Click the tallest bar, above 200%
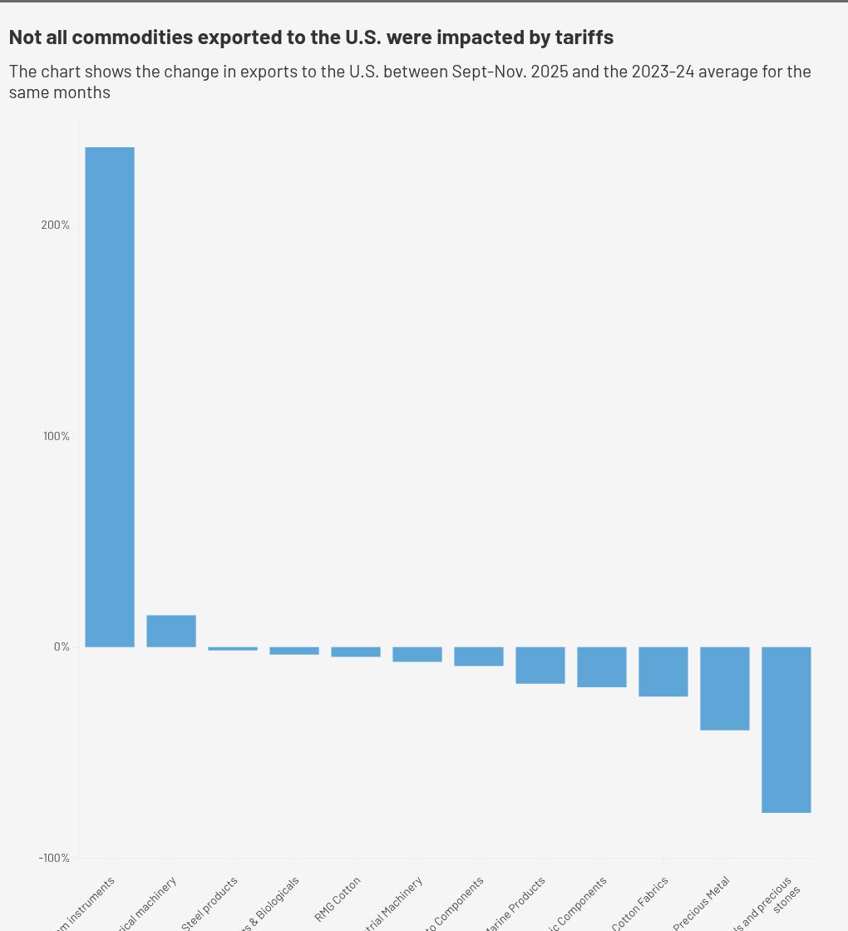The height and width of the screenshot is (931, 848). tap(110, 396)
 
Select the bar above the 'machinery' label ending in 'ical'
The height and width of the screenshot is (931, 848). tap(171, 631)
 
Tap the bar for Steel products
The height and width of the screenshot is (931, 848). tap(233, 649)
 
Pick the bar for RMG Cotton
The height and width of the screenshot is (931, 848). tap(356, 652)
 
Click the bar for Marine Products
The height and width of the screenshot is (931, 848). tap(540, 666)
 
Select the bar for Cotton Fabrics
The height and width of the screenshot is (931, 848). tap(663, 671)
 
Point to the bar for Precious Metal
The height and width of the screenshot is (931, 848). tap(725, 688)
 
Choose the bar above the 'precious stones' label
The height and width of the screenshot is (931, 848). tap(786, 730)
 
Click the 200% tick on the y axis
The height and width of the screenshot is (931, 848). tap(56, 225)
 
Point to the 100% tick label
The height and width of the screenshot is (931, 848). tap(57, 437)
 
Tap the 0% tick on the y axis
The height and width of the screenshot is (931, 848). tap(62, 647)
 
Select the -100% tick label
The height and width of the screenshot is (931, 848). tap(54, 859)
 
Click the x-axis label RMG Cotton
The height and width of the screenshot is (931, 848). tap(338, 899)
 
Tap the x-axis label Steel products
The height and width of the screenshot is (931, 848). tap(210, 903)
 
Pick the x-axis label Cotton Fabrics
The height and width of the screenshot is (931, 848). tap(640, 904)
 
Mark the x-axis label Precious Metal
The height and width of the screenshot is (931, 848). tap(702, 904)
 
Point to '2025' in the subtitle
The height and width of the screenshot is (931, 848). tap(549, 72)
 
